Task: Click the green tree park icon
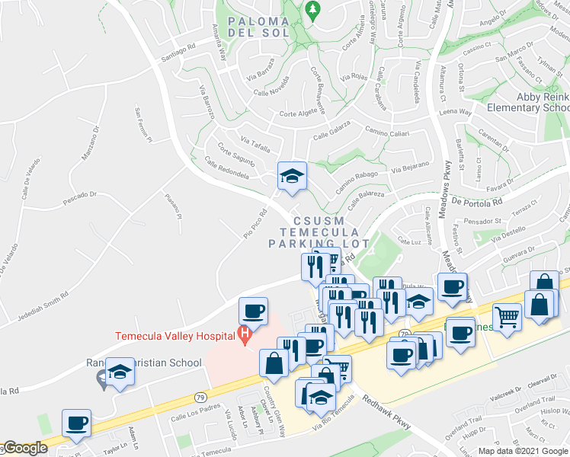(311, 9)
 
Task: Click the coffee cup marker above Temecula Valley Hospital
(253, 311)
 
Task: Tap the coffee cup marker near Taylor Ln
(75, 423)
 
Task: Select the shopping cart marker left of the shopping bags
(507, 315)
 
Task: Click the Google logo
(24, 449)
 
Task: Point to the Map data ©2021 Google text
(523, 451)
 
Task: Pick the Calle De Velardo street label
(28, 183)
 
